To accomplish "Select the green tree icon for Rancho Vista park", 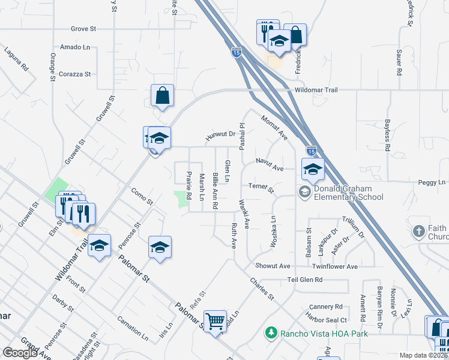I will pyautogui.click(x=271, y=332).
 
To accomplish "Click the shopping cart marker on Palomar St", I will pyautogui.click(x=215, y=321).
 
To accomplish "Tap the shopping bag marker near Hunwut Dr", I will pyautogui.click(x=163, y=96).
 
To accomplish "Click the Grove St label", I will pyautogui.click(x=83, y=28).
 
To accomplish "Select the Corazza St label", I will pyautogui.click(x=74, y=74).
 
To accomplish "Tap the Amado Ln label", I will pyautogui.click(x=74, y=47).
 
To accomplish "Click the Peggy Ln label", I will pyautogui.click(x=434, y=182).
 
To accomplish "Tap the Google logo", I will pyautogui.click(x=20, y=353).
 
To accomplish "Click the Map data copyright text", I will pyautogui.click(x=424, y=355).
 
